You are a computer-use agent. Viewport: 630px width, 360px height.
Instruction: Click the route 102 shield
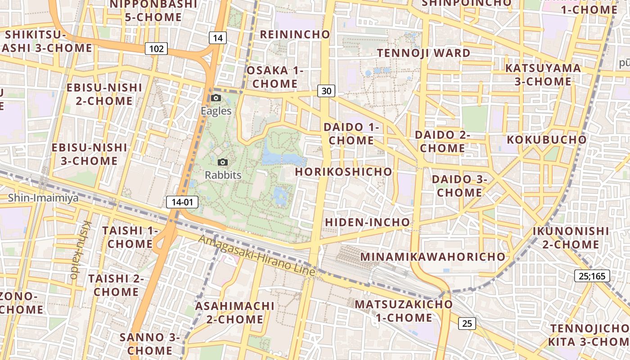point(156,49)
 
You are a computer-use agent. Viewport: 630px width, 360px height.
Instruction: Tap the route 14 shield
point(217,38)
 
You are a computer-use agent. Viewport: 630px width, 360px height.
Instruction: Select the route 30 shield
point(326,91)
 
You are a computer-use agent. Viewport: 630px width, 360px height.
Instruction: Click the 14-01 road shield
point(182,202)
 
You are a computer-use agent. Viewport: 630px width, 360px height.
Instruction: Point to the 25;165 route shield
point(592,276)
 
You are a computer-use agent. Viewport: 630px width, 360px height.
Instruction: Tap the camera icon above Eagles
point(216,98)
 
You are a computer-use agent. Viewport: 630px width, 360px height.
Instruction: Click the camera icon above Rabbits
point(222,162)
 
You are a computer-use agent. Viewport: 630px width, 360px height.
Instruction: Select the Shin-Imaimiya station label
point(43,198)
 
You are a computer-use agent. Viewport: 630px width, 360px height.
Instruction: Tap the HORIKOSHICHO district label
point(343,171)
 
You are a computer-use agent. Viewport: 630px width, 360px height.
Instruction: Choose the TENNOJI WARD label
point(423,53)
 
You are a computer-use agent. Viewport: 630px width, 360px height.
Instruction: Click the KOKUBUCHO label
point(547,139)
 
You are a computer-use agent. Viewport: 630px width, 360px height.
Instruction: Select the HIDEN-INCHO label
point(367,222)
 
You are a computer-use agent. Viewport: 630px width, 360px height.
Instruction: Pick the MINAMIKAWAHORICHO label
point(433,256)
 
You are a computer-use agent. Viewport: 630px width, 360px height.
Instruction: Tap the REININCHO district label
point(295,34)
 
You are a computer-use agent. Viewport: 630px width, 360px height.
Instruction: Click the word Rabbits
point(223,175)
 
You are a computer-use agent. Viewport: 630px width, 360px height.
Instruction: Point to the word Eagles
point(216,111)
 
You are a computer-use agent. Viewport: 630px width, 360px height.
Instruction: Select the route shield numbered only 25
point(467,323)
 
